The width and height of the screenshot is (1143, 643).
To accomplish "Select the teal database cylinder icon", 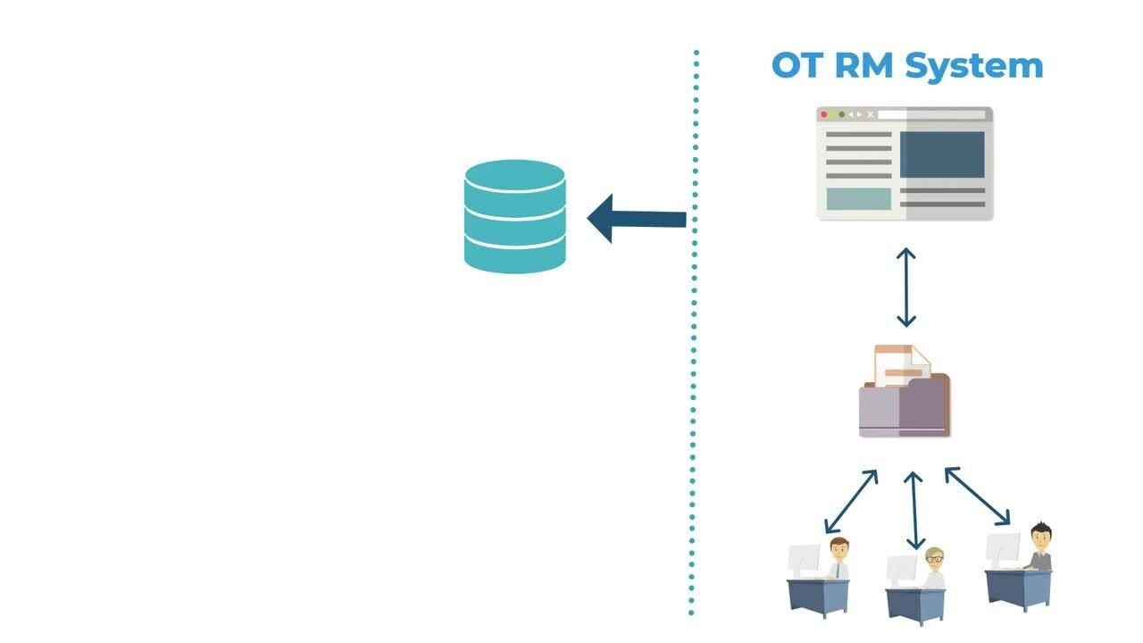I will coord(515,216).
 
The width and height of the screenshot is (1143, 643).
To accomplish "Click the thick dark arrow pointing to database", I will coord(636,219).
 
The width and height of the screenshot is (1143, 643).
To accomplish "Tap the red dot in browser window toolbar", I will coord(824,114).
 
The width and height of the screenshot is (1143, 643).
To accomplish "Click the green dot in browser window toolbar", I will coord(841,114).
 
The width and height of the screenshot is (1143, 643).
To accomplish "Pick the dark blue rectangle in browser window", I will coord(942,154).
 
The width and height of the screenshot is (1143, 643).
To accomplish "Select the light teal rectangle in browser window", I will coord(858,198).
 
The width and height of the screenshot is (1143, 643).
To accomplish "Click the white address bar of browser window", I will coord(930,114).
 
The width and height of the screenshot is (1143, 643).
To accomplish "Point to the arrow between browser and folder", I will coord(906,288).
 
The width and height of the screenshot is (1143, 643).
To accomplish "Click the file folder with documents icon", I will coord(904,393).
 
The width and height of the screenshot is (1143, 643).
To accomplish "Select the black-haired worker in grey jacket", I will coord(1039,547).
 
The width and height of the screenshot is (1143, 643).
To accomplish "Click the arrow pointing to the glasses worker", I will coord(913,509).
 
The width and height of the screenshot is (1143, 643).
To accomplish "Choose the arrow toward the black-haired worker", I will coord(977,496).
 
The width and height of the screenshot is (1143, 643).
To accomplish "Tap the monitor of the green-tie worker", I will coord(804,560).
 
